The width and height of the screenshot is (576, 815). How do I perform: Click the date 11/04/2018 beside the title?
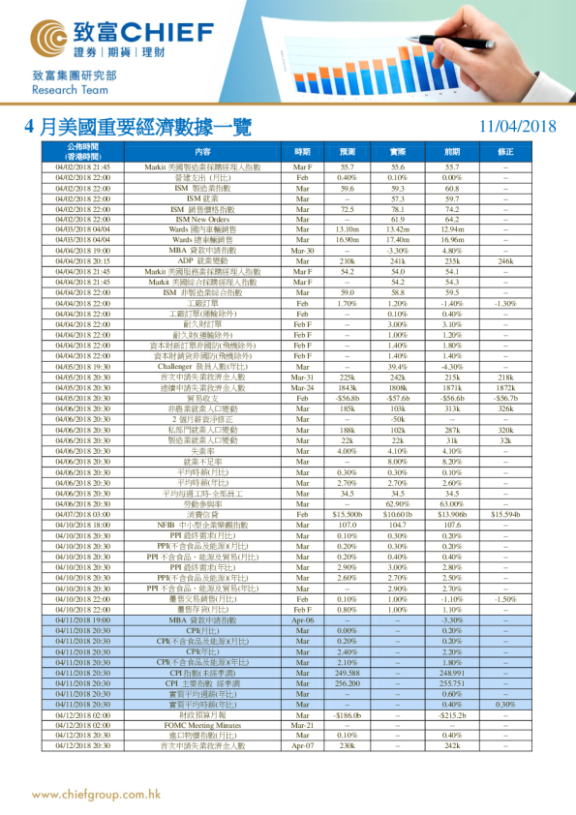[x=517, y=127]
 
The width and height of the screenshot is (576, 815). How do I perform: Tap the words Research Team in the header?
[x=66, y=89]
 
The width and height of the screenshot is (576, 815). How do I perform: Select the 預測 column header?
[x=348, y=152]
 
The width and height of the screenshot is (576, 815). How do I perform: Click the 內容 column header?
[x=202, y=152]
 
